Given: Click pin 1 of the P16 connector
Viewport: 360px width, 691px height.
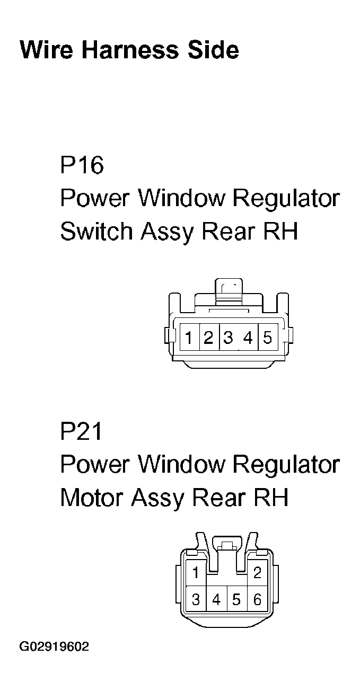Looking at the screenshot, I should coord(189,337).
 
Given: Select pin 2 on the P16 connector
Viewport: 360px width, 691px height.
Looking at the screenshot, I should coord(208,337).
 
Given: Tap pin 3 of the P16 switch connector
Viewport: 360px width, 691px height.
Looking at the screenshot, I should coord(229,337).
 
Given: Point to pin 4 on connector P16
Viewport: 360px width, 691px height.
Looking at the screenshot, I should coord(248,337).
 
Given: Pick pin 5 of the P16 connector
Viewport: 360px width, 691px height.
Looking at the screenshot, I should coord(267,337).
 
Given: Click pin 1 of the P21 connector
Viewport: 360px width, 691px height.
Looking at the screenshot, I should coord(196,573).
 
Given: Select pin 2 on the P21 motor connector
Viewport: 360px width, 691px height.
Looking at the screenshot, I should coord(258,573).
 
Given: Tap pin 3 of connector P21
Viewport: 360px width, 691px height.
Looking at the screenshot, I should coord(196,600).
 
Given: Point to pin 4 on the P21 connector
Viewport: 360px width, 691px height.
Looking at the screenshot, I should coord(216,600).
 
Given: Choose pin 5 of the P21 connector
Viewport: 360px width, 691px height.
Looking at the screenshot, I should coord(236,600).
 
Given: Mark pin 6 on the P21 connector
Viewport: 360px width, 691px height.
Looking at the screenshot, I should coord(258,600).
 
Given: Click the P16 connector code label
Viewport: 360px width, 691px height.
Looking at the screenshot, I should coord(82,165).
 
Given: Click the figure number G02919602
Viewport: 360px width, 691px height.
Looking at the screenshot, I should coord(54,647).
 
